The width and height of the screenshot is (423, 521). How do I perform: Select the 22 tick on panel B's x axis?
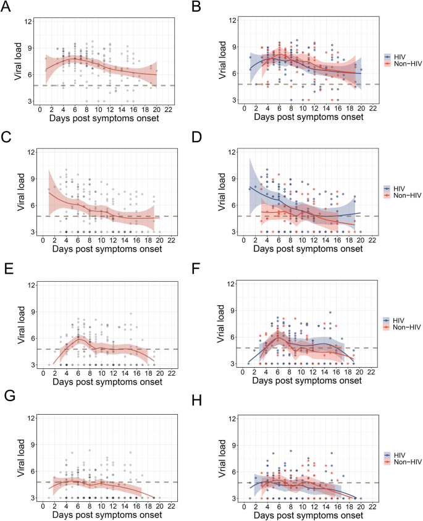click(x=371, y=108)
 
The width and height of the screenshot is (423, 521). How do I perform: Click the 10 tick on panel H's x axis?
click(x=302, y=506)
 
